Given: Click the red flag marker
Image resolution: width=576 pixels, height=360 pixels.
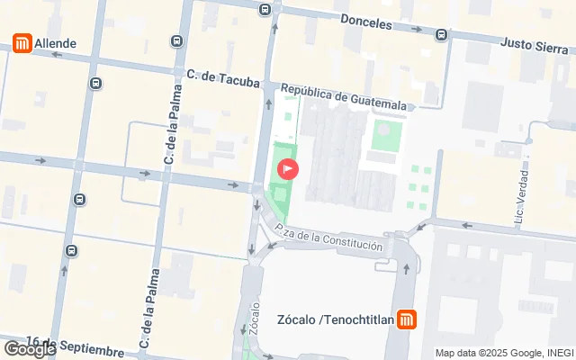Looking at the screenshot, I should pyautogui.click(x=288, y=167).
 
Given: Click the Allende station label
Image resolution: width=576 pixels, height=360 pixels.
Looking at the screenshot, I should pyautogui.click(x=56, y=42).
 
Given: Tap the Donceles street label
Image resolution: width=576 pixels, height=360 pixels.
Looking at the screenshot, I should pyautogui.click(x=367, y=22).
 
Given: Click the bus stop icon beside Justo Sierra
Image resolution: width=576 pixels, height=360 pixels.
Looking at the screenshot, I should pyautogui.click(x=440, y=35).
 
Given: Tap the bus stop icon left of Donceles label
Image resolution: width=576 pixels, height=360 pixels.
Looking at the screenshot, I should pyautogui.click(x=264, y=10).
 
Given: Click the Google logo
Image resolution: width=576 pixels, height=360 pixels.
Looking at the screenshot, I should pyautogui.click(x=29, y=349).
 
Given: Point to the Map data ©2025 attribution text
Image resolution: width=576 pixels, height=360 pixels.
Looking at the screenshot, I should pyautogui.click(x=504, y=353).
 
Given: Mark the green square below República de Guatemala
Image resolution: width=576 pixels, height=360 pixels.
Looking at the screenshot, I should pyautogui.click(x=384, y=136).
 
